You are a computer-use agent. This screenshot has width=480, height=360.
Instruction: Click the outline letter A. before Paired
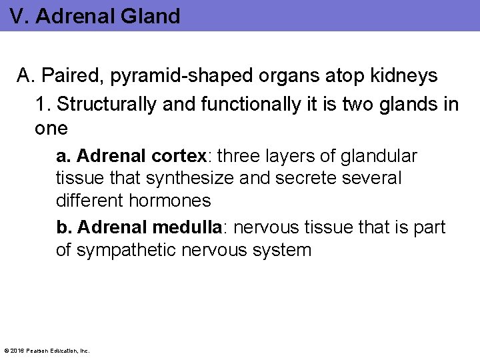point(26,76)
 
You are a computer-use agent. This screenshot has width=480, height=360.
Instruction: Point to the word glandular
point(379,157)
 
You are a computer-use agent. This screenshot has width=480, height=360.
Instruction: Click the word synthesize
point(171,179)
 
